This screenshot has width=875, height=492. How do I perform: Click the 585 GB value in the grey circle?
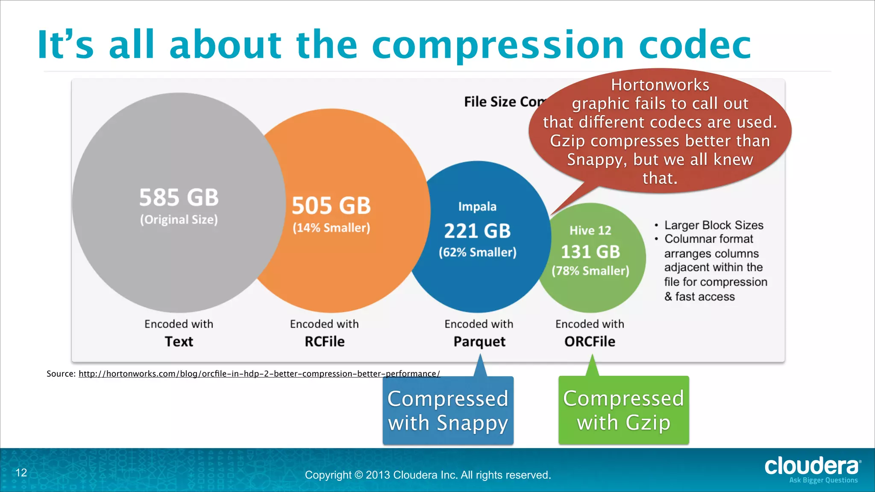[179, 197]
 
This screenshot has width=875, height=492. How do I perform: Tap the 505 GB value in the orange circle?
[331, 205]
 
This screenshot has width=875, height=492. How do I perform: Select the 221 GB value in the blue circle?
[477, 231]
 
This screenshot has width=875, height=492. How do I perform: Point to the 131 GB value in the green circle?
[590, 252]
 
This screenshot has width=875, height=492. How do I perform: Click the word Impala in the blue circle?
[477, 207]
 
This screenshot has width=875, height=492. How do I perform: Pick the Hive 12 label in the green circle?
[590, 231]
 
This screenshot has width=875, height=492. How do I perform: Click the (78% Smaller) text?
[590, 271]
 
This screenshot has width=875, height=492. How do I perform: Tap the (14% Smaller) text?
[331, 228]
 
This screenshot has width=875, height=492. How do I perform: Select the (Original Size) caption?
[179, 220]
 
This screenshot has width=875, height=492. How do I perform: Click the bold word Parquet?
[479, 342]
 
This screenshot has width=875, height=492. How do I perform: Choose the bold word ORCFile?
[590, 342]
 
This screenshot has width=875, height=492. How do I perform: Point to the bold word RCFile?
[324, 342]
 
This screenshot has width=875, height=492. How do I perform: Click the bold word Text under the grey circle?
[179, 342]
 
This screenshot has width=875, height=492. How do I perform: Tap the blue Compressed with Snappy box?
[448, 410]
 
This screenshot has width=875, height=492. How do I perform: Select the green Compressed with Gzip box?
[623, 410]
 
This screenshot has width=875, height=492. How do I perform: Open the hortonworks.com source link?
[259, 374]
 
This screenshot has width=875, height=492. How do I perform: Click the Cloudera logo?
[812, 467]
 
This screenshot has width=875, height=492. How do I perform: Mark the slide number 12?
[21, 472]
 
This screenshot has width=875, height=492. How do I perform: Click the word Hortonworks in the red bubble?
[660, 85]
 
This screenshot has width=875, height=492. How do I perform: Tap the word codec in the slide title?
[695, 45]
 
